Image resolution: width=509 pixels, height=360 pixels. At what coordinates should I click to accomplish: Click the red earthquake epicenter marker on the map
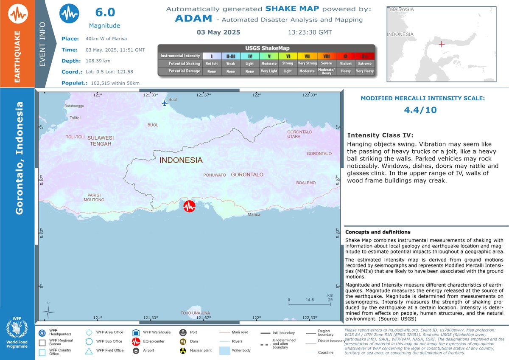coord(190,206)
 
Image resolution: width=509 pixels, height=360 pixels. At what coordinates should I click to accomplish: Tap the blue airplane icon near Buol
coord(165,103)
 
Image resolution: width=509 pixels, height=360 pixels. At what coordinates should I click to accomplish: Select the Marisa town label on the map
coord(254,215)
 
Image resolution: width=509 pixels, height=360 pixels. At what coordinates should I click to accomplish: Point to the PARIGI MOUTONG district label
coord(94,197)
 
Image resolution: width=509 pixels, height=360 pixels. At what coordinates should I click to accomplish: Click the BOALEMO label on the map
coord(306,183)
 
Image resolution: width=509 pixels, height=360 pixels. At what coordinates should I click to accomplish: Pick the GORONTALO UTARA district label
coord(300,134)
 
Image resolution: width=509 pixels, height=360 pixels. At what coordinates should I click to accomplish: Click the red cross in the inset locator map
coord(441,44)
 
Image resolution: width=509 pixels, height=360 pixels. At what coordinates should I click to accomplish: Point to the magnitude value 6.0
coord(104,12)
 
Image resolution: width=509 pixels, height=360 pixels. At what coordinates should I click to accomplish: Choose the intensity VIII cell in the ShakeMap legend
coord(326,56)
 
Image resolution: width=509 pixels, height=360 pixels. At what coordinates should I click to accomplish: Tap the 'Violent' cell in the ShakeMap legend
coord(346,63)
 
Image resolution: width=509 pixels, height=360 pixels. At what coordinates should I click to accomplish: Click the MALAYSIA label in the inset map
coord(402,9)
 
